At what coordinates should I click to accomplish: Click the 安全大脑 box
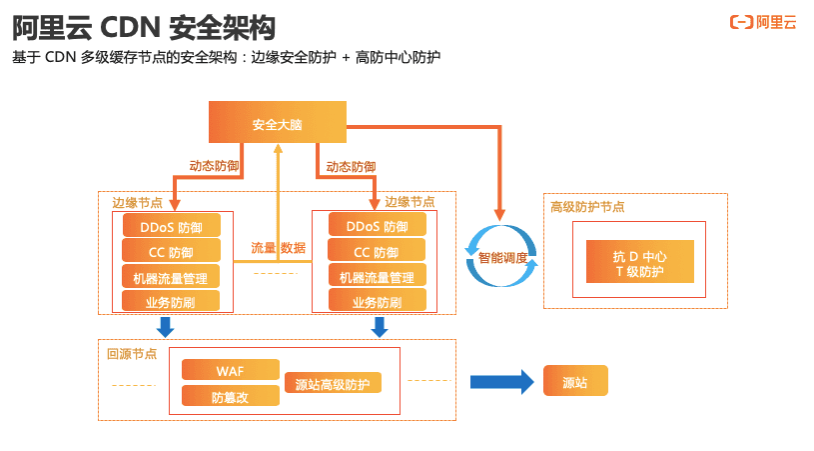[x=277, y=123]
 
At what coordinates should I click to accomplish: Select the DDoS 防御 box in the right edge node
[x=377, y=227]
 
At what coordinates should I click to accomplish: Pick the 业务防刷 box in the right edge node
[x=377, y=302]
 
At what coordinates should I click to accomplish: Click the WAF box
[x=231, y=371]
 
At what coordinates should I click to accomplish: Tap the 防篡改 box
[x=231, y=397]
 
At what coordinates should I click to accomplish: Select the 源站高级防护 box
[x=333, y=384]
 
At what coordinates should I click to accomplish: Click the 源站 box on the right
[x=574, y=382]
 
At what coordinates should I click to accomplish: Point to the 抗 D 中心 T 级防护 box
[x=639, y=263]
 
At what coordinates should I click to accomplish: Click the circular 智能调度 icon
[x=502, y=257]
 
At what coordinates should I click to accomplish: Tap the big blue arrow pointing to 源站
[x=501, y=381]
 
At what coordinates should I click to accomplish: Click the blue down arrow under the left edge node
[x=166, y=327]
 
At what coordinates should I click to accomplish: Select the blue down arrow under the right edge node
[x=380, y=327]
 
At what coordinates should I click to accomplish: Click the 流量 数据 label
[x=278, y=248]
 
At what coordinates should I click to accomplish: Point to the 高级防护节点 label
[x=587, y=207]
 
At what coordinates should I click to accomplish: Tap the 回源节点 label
[x=132, y=353]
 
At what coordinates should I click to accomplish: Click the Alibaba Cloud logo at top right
[x=763, y=22]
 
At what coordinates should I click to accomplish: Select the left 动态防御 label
[x=214, y=166]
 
